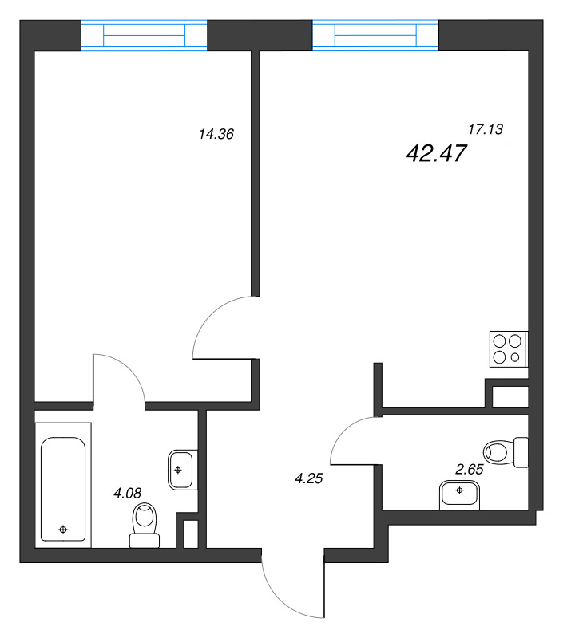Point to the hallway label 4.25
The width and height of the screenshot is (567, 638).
(x=311, y=478)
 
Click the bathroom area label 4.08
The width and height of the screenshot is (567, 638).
(x=128, y=493)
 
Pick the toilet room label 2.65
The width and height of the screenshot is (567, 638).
(x=469, y=469)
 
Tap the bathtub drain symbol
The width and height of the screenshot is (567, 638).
(x=63, y=529)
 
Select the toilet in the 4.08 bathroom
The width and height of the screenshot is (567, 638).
(x=145, y=526)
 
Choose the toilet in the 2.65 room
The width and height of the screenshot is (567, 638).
(x=506, y=452)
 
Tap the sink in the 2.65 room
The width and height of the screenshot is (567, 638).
(x=459, y=494)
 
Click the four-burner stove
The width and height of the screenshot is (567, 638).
(x=508, y=349)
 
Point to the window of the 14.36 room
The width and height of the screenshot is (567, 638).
(x=145, y=36)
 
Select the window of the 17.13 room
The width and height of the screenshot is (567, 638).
(x=375, y=35)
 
